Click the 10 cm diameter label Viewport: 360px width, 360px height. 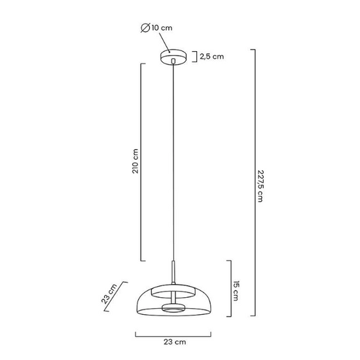[162, 28]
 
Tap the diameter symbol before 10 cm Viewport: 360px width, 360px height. [145, 28]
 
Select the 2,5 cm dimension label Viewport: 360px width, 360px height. [211, 56]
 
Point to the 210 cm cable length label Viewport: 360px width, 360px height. [135, 161]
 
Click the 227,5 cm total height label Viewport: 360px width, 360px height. [261, 186]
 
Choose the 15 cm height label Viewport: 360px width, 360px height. [236, 291]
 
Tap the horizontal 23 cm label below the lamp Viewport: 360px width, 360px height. [175, 342]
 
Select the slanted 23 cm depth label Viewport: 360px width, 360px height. [109, 294]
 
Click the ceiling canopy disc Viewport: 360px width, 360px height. [173, 57]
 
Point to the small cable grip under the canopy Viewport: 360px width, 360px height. [173, 61]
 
